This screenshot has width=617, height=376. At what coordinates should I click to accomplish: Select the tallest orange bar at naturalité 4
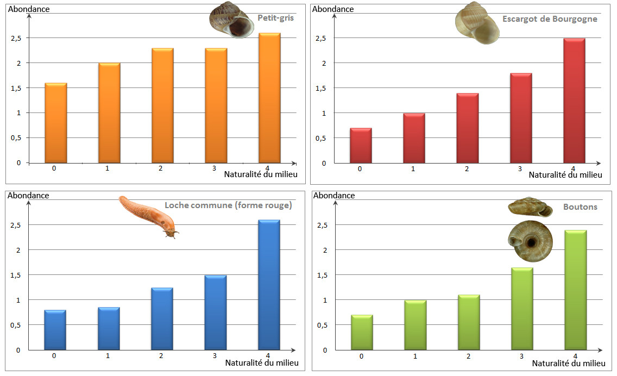click(269, 98)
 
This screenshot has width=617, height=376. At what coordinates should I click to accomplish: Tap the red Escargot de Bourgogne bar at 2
click(467, 128)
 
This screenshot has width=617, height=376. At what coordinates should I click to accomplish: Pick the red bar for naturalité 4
click(574, 101)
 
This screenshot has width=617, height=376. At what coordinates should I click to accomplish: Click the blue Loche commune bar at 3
click(215, 312)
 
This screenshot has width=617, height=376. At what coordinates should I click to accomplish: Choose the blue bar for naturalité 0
click(55, 330)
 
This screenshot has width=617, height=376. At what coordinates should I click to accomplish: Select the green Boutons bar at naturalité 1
click(415, 325)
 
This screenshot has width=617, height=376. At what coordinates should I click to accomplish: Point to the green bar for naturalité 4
click(576, 290)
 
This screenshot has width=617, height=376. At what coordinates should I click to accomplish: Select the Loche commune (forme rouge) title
click(228, 205)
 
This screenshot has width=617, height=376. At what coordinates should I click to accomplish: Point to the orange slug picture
click(148, 216)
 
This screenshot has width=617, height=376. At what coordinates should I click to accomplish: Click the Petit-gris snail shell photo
click(232, 20)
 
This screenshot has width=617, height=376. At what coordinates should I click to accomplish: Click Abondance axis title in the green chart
click(334, 196)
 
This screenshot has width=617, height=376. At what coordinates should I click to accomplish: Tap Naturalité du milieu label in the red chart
click(565, 175)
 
